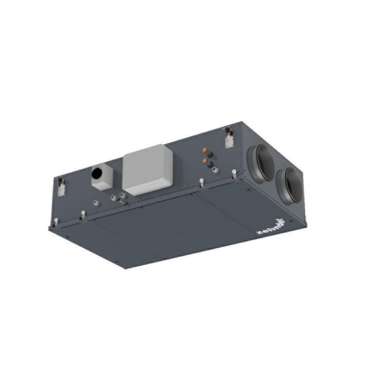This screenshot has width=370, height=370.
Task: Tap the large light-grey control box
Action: [147, 169]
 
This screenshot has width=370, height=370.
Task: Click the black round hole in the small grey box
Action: [98, 174]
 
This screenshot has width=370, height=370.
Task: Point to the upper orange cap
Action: [204, 150]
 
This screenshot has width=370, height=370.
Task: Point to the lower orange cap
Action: [204, 160]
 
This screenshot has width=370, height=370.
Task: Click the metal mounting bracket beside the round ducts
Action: [228, 137]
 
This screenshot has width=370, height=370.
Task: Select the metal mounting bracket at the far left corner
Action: [61, 186]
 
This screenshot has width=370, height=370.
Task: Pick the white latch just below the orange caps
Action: [201, 182]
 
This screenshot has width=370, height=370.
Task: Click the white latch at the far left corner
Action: [55, 222]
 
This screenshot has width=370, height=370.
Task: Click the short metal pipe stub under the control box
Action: [123, 196]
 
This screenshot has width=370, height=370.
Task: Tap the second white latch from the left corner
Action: [83, 215]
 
